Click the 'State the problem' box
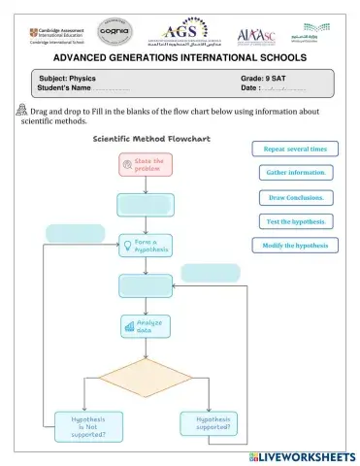click(144, 164)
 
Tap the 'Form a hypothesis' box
click(145, 246)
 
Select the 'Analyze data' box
click(145, 327)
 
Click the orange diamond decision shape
click(145, 379)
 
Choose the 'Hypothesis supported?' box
click(208, 424)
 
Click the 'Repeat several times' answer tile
click(296, 149)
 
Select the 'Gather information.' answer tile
click(296, 173)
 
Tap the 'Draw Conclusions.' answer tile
click(296, 197)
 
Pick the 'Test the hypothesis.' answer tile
click(296, 221)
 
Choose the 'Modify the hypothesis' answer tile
click(296, 246)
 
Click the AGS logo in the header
click(181, 32)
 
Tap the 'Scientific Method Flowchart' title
click(146, 139)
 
